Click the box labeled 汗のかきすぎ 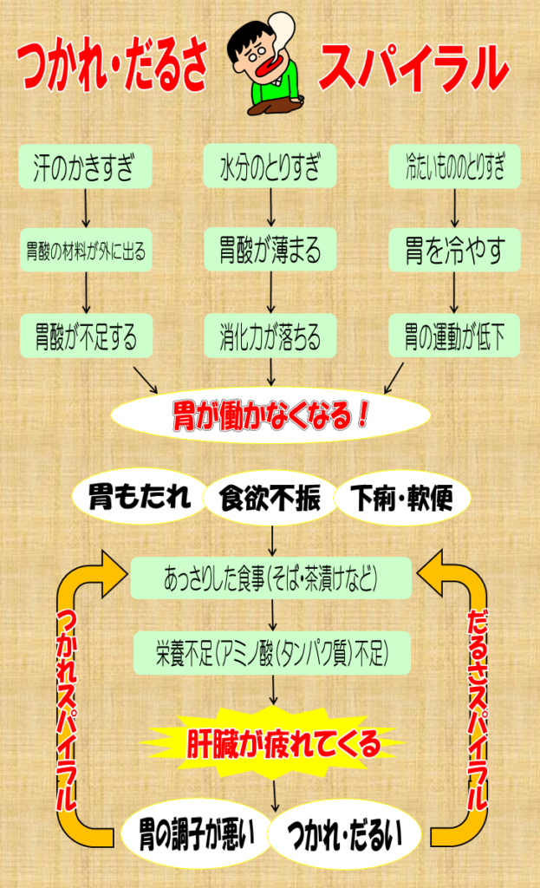click(85, 166)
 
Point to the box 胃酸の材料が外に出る click(85, 251)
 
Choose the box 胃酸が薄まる click(270, 251)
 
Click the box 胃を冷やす click(454, 251)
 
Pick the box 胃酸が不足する click(85, 336)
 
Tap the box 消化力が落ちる click(270, 336)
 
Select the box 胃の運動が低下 click(454, 336)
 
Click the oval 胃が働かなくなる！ click(270, 415)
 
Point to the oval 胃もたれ click(139, 497)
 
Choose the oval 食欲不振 click(270, 499)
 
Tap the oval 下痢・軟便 click(401, 499)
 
